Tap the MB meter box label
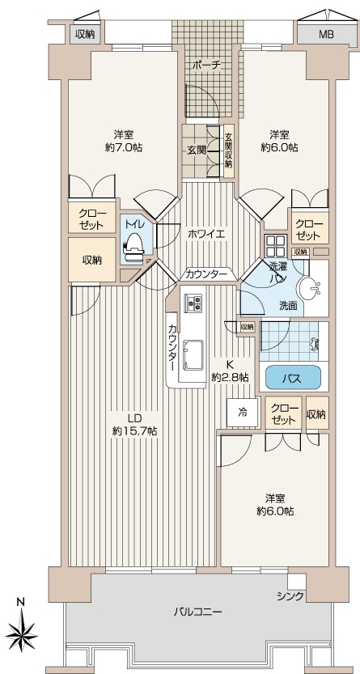pos(326,35)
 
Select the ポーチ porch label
pos(206,65)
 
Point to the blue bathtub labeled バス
pos(294,378)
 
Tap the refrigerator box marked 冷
pos(243,413)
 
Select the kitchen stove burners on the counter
pos(193,302)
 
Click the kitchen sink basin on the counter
pos(193,354)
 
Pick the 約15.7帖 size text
pos(134,431)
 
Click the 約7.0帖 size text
pos(123,147)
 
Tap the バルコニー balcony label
pos(197,611)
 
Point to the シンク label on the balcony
pos(290,596)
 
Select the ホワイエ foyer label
pos(206,235)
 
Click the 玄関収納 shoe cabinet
pos(229,150)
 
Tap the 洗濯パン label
pos(278,272)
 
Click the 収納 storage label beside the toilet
pos(91,260)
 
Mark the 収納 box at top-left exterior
pos(85,34)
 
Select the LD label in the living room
pos(134,418)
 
